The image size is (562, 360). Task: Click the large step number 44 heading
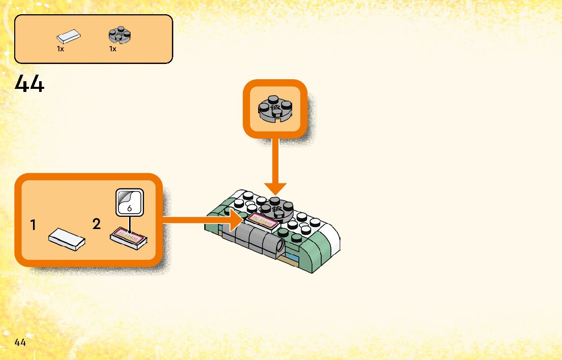[29, 84]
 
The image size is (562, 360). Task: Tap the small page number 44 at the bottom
[20, 342]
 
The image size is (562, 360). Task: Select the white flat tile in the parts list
[68, 37]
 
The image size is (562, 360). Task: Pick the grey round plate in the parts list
[120, 35]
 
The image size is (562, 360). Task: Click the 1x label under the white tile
[60, 49]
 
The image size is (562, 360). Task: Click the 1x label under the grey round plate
[113, 49]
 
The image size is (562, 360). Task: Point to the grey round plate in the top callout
[275, 109]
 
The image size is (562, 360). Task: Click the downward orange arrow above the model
[275, 168]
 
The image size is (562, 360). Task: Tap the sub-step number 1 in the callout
[33, 225]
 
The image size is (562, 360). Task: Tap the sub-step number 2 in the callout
[97, 223]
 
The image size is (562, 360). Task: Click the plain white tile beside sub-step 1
[67, 239]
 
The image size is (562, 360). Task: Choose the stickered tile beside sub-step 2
[129, 238]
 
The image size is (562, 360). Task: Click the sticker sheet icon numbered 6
[130, 202]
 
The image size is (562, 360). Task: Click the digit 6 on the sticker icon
[130, 208]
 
